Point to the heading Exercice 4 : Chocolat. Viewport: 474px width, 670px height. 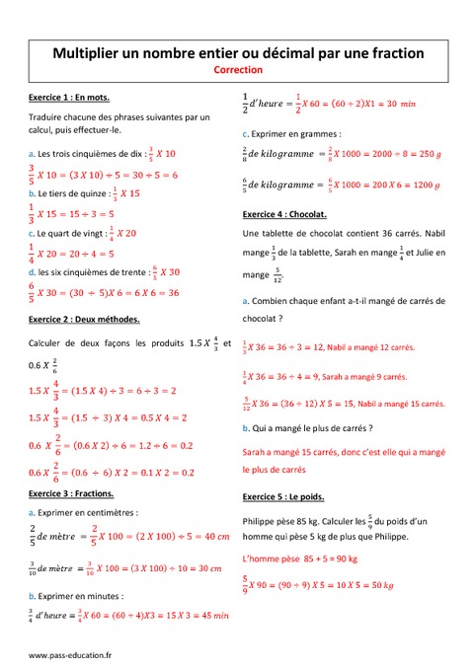(x=285, y=214)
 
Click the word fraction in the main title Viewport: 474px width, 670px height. (x=387, y=52)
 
